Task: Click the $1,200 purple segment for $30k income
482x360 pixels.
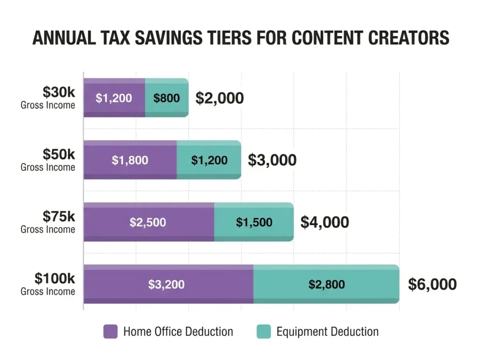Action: (114, 98)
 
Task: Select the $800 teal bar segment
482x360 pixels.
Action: (167, 98)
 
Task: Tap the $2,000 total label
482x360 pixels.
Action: (219, 98)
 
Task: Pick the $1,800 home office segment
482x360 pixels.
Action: (130, 160)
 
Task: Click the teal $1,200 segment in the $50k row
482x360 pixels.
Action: (209, 160)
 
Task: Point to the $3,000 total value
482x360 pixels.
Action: (272, 160)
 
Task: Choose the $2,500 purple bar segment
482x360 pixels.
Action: (148, 222)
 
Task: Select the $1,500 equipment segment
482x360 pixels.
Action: (254, 222)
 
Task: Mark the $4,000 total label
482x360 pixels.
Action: (325, 222)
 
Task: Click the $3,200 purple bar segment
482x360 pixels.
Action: (168, 284)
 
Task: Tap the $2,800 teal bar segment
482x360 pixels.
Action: (326, 284)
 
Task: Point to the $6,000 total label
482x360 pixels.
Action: (432, 284)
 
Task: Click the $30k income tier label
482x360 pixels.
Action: (48, 97)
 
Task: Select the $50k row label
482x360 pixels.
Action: (48, 160)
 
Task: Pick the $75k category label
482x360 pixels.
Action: (48, 222)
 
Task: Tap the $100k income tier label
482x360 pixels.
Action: (48, 284)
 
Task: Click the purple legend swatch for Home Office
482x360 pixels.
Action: (110, 331)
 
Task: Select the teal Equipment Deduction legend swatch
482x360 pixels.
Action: (264, 331)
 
